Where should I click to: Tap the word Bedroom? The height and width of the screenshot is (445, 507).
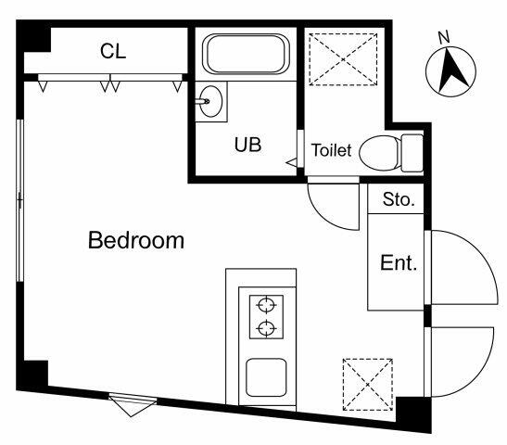click(136, 241)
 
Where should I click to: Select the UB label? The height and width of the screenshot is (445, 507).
click(247, 145)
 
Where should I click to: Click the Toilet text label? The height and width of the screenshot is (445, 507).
click(331, 150)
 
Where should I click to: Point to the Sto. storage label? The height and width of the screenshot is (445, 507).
click(399, 198)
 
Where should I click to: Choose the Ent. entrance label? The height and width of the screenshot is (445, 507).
click(399, 262)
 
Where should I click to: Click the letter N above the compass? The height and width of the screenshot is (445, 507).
click(443, 36)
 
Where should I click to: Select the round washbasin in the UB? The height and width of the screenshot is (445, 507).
click(212, 100)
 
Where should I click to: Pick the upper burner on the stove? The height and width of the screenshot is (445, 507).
click(268, 304)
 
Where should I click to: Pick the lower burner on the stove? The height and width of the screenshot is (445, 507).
click(268, 327)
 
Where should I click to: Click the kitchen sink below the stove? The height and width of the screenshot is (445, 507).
click(269, 380)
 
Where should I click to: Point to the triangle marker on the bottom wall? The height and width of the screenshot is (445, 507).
click(127, 403)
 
